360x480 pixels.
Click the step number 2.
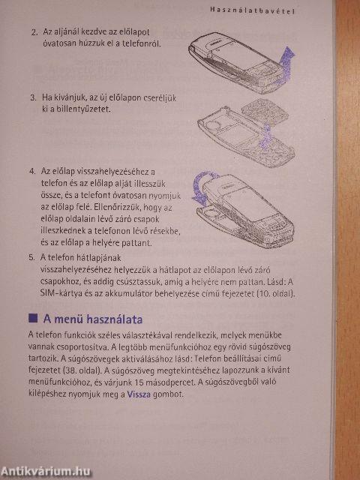33,33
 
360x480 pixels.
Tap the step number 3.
33,98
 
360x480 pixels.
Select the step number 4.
32,170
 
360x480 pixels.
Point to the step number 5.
31,256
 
